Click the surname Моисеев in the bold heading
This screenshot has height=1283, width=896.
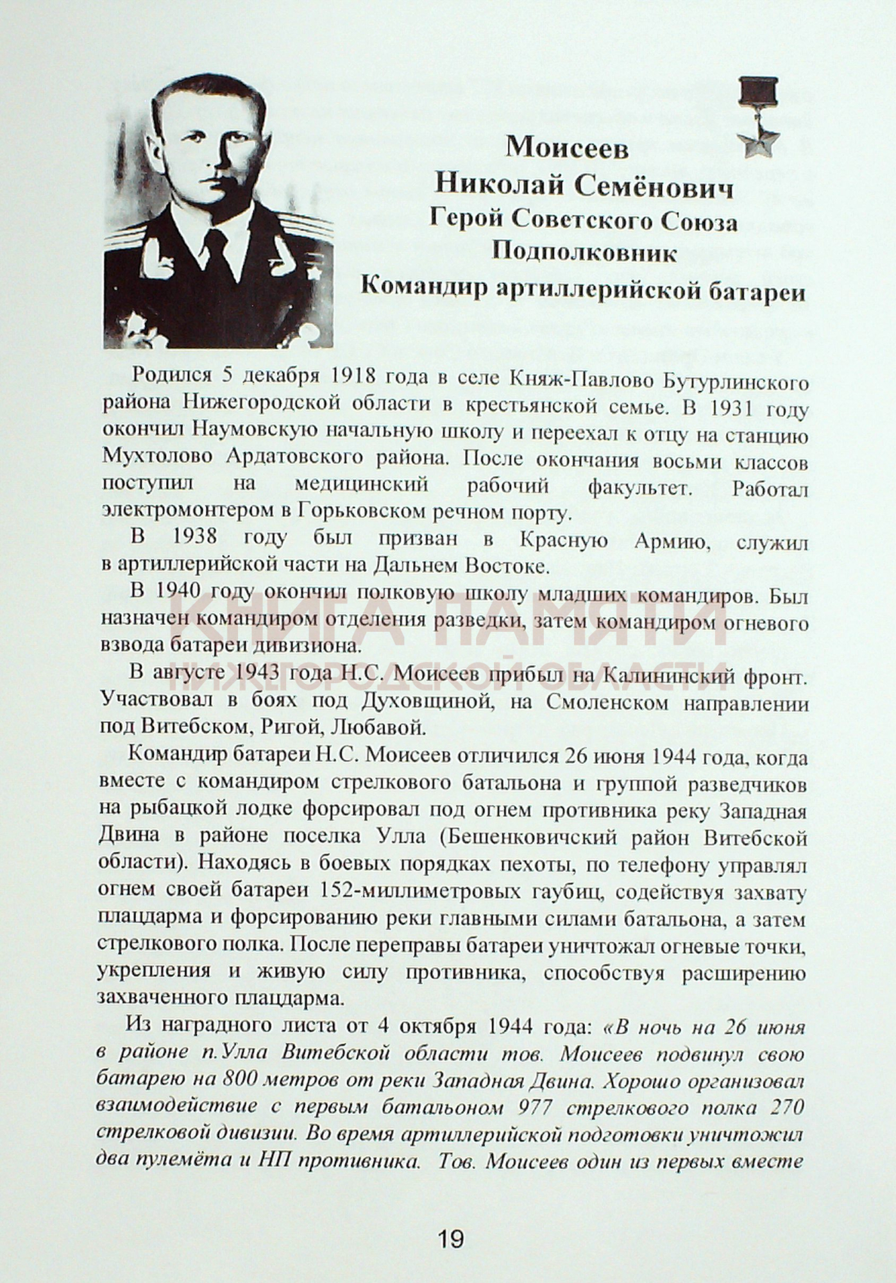point(567,148)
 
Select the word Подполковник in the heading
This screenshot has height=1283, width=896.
point(584,253)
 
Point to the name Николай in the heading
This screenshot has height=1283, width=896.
point(499,185)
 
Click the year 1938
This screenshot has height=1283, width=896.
point(194,537)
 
